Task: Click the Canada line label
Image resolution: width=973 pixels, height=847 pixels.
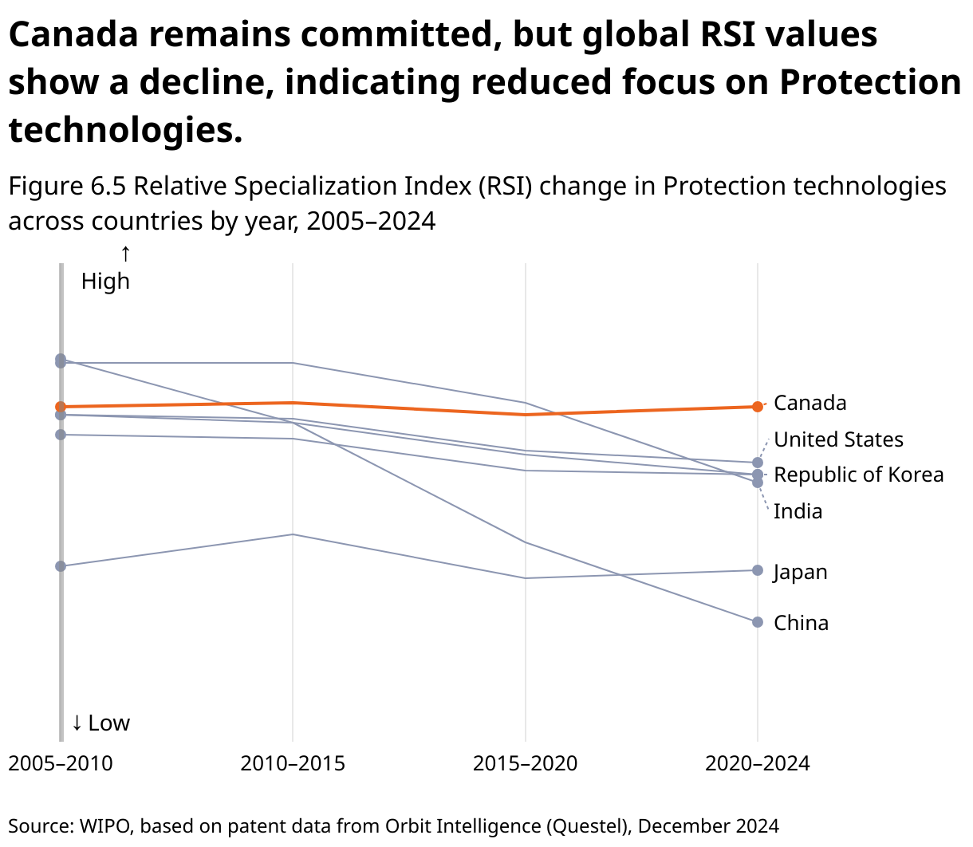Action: (810, 403)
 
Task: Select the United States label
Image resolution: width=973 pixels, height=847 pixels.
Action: (838, 439)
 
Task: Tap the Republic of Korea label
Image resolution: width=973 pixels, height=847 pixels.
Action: (858, 475)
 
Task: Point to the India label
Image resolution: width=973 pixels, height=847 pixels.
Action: (798, 511)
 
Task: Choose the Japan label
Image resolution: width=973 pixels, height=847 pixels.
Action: (800, 572)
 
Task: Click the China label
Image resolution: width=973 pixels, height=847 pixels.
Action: (801, 623)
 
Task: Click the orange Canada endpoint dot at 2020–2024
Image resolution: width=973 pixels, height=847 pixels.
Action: (758, 407)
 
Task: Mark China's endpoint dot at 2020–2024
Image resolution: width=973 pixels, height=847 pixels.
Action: (758, 622)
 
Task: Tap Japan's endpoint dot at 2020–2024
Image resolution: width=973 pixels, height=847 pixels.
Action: (758, 570)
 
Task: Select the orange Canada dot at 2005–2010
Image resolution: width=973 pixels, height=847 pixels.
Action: (61, 407)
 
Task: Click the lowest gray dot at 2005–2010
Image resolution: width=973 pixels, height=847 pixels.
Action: (61, 566)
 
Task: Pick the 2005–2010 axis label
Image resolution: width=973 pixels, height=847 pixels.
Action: (61, 763)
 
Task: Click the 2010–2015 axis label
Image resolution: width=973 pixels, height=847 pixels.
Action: (293, 763)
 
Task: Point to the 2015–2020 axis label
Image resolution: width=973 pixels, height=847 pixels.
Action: (525, 763)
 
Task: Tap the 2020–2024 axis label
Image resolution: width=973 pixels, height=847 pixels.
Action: (757, 763)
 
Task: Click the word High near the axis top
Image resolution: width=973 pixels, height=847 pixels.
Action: (105, 281)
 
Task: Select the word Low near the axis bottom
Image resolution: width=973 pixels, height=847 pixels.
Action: (108, 723)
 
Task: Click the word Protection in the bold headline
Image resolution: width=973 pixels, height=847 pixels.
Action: (869, 82)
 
